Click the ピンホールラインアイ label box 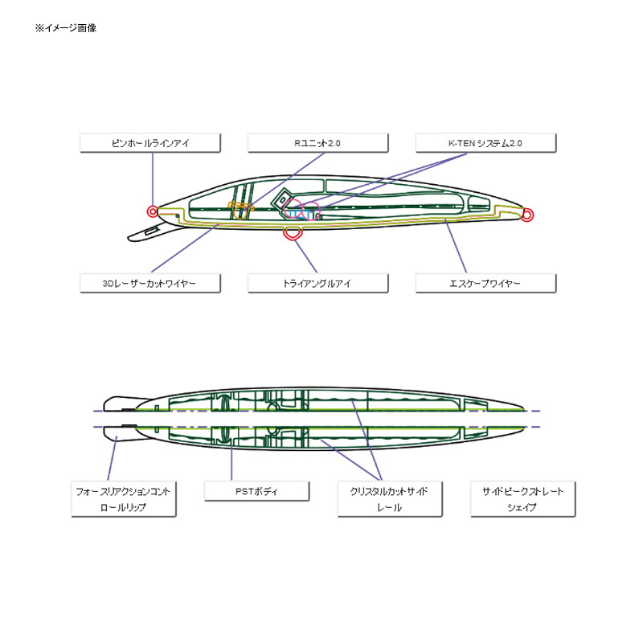[x=150, y=143]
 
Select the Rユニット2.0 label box [x=317, y=143]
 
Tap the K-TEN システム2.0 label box [x=486, y=143]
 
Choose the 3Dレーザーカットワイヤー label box [x=150, y=284]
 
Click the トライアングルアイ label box [x=317, y=284]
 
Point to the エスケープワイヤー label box [x=486, y=284]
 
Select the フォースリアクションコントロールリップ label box [x=124, y=499]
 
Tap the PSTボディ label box [x=256, y=491]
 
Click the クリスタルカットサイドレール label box [x=390, y=499]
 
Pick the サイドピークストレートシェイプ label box [x=523, y=499]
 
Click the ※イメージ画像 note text [x=66, y=28]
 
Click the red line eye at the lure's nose [x=152, y=211]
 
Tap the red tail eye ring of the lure [x=527, y=215]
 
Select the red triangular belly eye [x=293, y=233]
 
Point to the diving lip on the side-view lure [x=149, y=232]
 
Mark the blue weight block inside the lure [x=299, y=214]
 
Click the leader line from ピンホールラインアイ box [x=153, y=179]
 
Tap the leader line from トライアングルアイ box [x=306, y=256]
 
